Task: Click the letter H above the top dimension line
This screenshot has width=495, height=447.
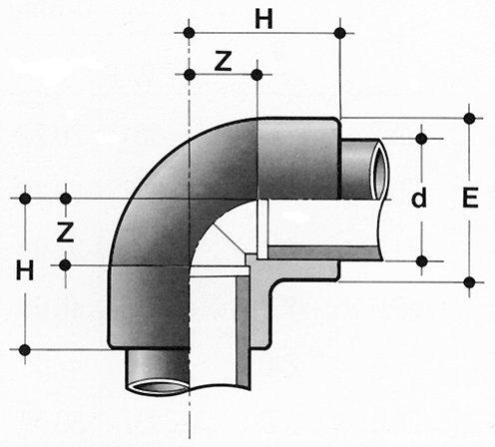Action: point(263,19)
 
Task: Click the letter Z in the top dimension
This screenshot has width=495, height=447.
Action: point(223,61)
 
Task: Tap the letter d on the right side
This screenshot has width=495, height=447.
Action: point(419,198)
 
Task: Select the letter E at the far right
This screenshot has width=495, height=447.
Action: point(470,198)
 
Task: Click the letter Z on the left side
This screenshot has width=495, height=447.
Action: point(65,231)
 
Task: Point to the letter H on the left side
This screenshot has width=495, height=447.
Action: point(25,270)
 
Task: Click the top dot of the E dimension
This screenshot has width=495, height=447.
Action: point(469,118)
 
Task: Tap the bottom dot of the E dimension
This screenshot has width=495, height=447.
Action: point(469,282)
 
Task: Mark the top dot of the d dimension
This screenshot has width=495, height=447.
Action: point(421,139)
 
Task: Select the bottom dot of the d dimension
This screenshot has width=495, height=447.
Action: point(421,261)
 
